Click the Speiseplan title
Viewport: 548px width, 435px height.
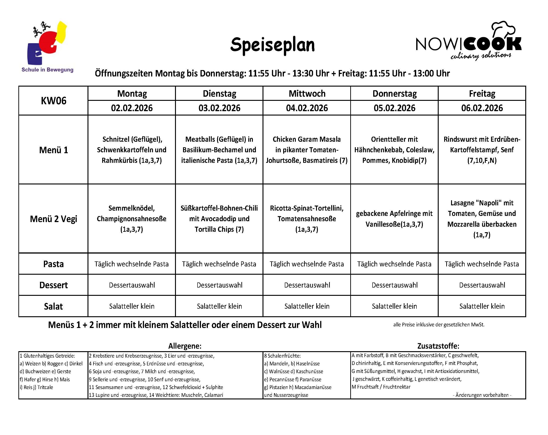click(x=272, y=45)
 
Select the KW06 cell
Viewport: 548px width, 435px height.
click(x=53, y=101)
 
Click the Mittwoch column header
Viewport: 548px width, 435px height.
click(x=307, y=93)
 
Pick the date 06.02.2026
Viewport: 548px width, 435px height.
click(x=482, y=108)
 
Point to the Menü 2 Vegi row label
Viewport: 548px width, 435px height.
click(x=53, y=219)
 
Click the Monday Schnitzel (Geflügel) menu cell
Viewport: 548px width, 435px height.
click(x=132, y=150)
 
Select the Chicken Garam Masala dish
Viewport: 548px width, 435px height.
click(x=307, y=150)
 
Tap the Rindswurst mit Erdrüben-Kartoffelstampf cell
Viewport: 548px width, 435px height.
click(x=482, y=150)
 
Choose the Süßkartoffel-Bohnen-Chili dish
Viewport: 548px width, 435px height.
click(x=219, y=219)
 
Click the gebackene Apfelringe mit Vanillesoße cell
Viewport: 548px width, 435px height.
click(x=394, y=219)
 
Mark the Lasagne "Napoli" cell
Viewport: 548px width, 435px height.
click(x=482, y=219)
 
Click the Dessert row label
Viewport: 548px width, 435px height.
click(x=53, y=285)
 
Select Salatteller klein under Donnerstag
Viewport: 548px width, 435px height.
click(x=394, y=306)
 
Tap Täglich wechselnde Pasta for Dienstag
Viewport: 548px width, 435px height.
click(x=219, y=264)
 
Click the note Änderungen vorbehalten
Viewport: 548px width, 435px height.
click(x=482, y=395)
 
